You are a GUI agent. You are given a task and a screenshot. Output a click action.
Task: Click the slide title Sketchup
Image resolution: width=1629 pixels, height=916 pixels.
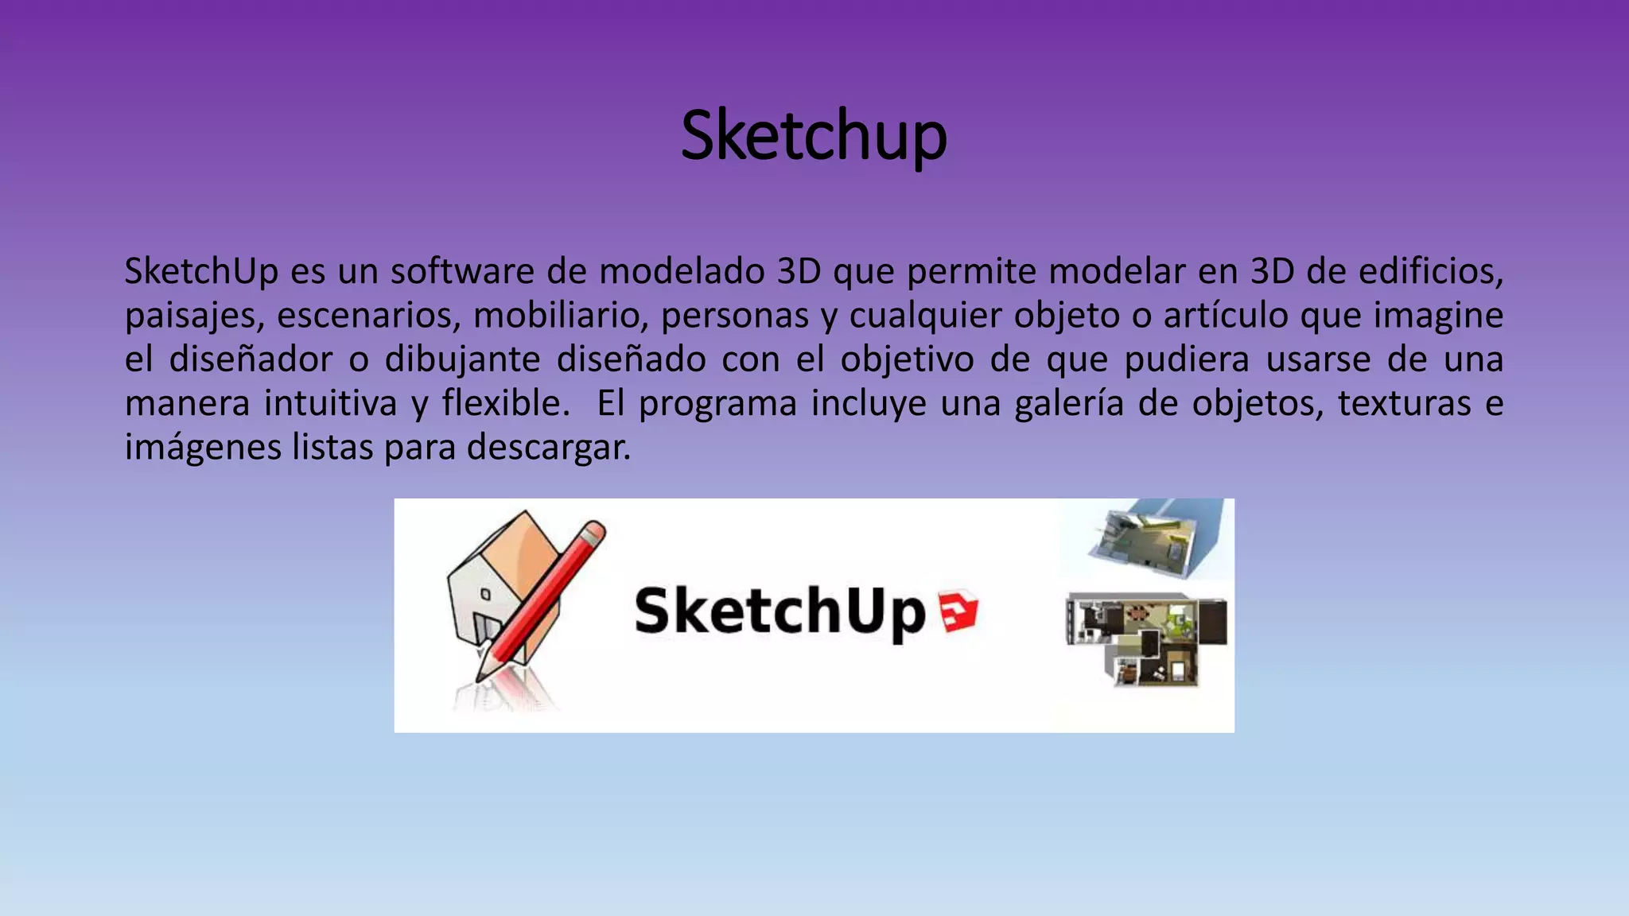click(x=814, y=135)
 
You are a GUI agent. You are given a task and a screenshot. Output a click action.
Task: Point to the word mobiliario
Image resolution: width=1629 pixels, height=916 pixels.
click(x=562, y=316)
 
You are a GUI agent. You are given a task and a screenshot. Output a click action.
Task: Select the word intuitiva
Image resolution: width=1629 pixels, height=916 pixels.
click(x=330, y=403)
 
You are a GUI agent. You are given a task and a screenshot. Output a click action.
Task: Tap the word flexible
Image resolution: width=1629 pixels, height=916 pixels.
click(x=506, y=403)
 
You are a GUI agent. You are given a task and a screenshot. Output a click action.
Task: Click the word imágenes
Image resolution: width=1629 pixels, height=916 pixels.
click(x=203, y=447)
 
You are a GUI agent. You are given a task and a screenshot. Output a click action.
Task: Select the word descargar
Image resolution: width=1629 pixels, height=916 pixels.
click(x=548, y=447)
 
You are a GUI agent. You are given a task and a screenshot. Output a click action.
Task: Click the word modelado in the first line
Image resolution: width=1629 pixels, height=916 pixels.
click(x=682, y=272)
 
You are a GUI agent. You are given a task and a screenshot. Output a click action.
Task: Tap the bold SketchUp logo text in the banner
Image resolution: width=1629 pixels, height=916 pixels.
click(x=780, y=611)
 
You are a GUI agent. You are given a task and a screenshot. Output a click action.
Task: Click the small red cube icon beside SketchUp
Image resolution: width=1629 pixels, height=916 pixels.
click(x=958, y=612)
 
